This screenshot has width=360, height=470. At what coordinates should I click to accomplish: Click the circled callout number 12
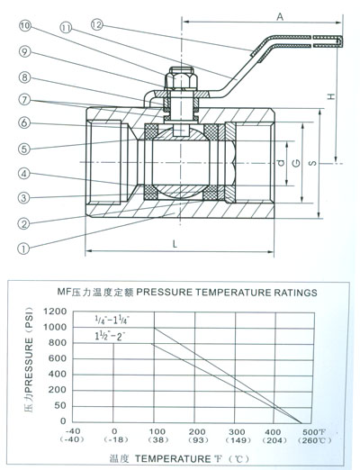pos(96,24)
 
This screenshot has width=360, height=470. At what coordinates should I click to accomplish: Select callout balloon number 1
pos(23,249)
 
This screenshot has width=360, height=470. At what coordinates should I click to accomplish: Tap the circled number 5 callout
pos(24,149)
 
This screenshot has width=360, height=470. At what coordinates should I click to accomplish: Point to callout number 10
pos(25,25)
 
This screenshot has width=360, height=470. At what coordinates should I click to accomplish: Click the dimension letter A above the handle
pos(280,17)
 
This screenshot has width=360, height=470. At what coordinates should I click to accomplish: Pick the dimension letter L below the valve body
pos(175,244)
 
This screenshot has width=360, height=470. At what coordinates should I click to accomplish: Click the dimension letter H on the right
pos(330,96)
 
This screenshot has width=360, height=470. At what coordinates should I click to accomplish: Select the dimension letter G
pos(296,163)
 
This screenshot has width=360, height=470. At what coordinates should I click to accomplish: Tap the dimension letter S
pos(312,163)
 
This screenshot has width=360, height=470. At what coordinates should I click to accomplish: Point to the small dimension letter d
pos(281,163)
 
